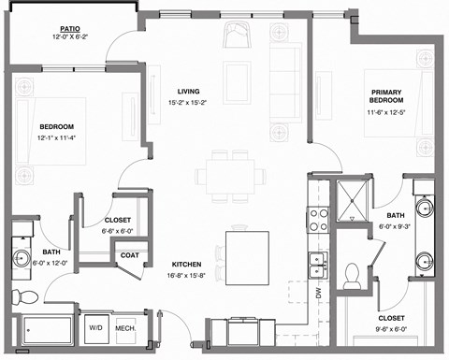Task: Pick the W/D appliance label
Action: click(96, 328)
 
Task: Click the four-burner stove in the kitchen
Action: click(318, 219)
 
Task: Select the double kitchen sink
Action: click(319, 266)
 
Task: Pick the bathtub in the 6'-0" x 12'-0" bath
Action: click(45, 329)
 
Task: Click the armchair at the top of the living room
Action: click(234, 38)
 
